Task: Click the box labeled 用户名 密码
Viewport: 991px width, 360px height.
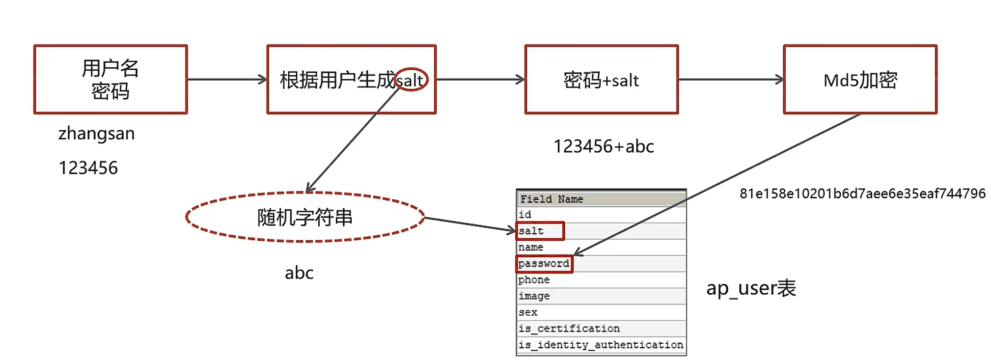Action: [110, 80]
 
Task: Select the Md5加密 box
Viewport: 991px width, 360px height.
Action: [859, 80]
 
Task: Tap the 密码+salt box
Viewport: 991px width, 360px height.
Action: [601, 80]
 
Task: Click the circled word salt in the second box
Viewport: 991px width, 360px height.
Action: [411, 80]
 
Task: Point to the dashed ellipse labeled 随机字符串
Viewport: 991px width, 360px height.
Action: [304, 217]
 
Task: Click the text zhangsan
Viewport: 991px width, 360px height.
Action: [96, 134]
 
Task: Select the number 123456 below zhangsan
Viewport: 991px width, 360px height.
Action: [88, 168]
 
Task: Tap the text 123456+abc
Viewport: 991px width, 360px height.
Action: [604, 146]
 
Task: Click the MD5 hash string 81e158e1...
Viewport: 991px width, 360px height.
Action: [862, 194]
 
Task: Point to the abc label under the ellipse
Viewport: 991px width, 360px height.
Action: [299, 273]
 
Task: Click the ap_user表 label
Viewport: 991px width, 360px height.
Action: [751, 288]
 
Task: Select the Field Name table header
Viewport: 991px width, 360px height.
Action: [551, 199]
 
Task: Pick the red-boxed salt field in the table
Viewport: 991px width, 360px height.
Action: [540, 231]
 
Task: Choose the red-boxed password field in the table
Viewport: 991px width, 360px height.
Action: [544, 264]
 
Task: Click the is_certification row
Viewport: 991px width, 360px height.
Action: [569, 329]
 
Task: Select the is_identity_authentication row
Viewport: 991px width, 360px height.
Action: [601, 345]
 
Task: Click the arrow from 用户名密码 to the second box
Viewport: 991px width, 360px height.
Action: [227, 79]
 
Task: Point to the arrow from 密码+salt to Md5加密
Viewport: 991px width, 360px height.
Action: [731, 79]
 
